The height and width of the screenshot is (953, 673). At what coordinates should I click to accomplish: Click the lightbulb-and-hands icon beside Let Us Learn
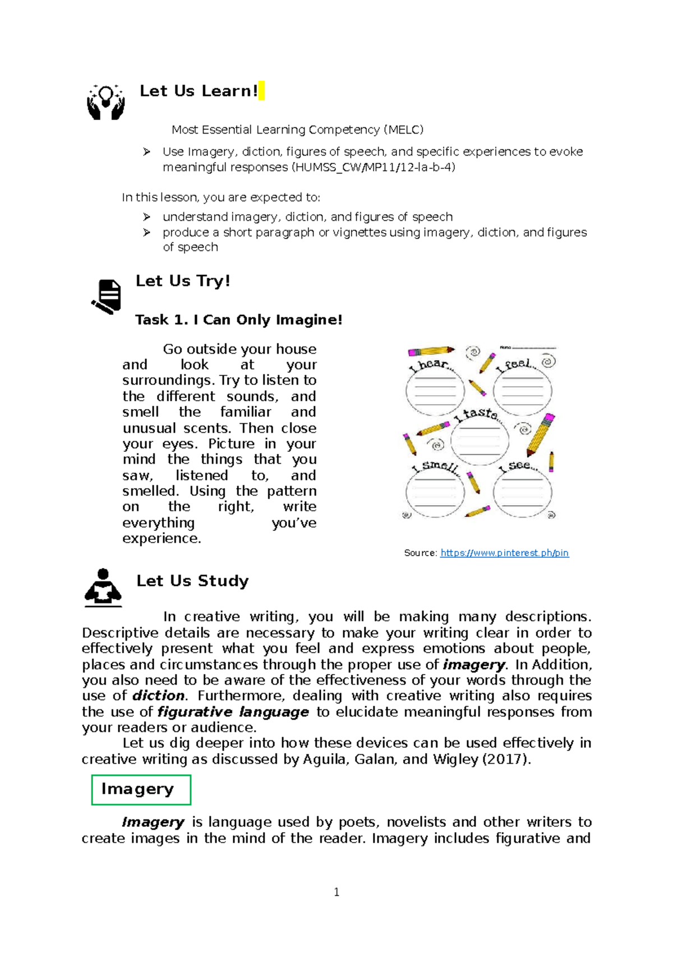105,102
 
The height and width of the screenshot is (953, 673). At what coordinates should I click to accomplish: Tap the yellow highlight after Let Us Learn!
261,90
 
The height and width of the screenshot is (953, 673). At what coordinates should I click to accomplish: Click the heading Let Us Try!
183,281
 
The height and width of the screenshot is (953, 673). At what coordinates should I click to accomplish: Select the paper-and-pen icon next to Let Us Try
107,296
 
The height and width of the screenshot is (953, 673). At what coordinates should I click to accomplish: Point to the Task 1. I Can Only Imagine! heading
238,320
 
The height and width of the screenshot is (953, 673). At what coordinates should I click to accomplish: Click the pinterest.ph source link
504,553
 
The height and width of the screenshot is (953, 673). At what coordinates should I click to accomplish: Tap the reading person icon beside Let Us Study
103,588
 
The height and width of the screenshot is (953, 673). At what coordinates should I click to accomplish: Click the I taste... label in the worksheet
477,415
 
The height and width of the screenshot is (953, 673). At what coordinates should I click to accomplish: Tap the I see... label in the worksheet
519,466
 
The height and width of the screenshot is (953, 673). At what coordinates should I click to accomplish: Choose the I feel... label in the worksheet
516,365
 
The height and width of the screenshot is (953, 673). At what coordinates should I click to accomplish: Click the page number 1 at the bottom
336,892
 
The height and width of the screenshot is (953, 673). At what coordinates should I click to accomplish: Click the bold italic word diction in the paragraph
158,696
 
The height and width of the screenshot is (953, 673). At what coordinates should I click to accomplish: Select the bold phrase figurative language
233,712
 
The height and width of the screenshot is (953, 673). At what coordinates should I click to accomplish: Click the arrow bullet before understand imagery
146,217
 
